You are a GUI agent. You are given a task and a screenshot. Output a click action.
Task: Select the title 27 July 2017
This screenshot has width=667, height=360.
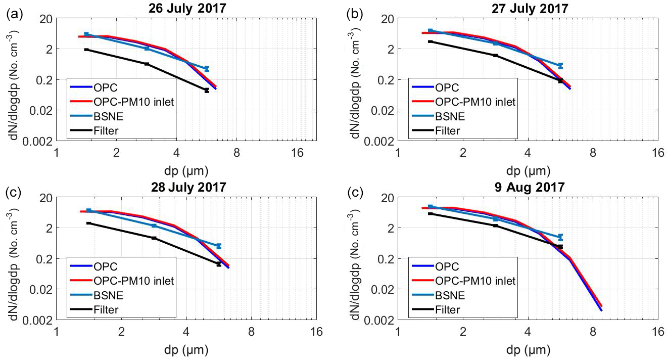528,8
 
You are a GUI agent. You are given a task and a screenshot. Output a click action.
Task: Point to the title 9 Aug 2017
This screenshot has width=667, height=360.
528,187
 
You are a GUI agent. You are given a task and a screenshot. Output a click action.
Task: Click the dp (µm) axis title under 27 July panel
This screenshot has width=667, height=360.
528,169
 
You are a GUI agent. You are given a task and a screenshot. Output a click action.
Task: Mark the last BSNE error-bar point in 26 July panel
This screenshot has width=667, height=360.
206,68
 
